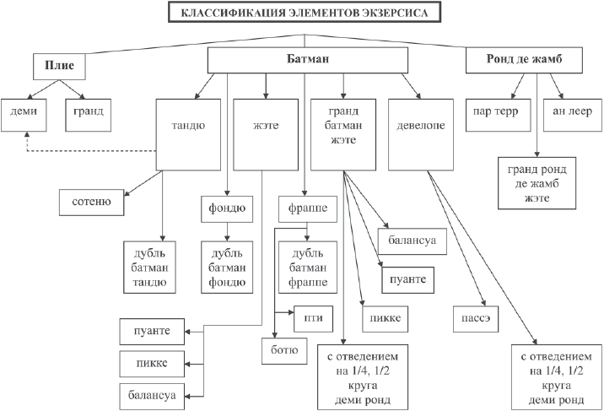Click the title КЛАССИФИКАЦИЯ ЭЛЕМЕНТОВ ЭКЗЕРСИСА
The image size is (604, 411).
coord(304,14)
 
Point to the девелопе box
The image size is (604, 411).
coord(419,127)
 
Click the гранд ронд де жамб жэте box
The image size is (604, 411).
coord(536,181)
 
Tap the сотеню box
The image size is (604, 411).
coord(91,203)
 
